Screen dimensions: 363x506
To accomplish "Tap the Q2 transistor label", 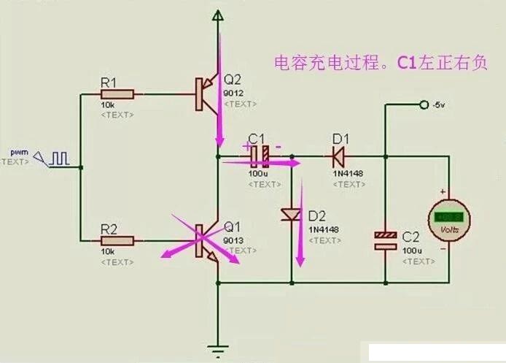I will pyautogui.click(x=232, y=80).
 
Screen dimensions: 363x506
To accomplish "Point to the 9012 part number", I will pyautogui.click(x=233, y=93).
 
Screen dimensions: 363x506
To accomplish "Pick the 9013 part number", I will pyautogui.click(x=233, y=240).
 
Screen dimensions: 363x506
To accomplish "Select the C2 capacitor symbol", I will pyautogui.click(x=386, y=240).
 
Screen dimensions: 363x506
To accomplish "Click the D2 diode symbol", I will pyautogui.click(x=291, y=215).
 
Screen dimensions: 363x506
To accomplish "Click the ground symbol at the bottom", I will pyautogui.click(x=217, y=347).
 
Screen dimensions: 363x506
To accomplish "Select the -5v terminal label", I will pyautogui.click(x=437, y=105).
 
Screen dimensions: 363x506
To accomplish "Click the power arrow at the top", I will pyautogui.click(x=217, y=17).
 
